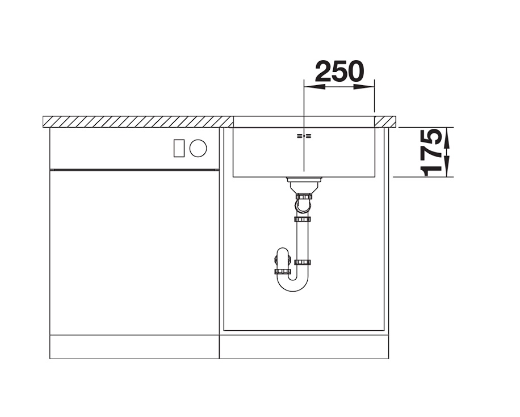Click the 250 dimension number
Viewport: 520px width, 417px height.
coord(339,71)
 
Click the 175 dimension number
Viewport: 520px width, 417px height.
coord(431,153)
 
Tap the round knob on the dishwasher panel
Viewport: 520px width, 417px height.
coord(198,148)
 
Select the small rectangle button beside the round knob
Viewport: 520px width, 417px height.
coord(179,148)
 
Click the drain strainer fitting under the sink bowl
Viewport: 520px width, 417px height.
coord(304,184)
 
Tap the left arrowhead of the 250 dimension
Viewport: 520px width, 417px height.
coord(314,87)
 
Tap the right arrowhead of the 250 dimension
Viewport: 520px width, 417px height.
coord(364,87)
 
